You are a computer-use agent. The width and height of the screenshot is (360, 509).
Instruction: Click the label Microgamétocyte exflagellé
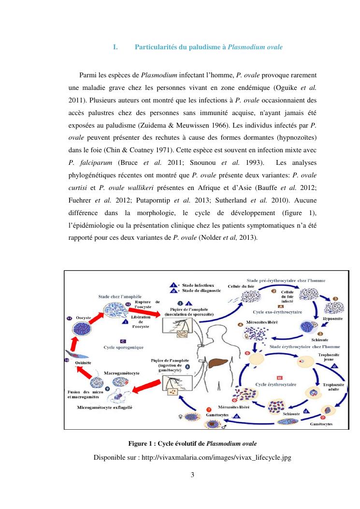pyautogui.click(x=104, y=407)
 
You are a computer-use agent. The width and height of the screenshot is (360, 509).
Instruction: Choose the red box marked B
pyautogui.click(x=279, y=377)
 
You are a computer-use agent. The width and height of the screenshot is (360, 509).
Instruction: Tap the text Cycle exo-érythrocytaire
pyautogui.click(x=277, y=312)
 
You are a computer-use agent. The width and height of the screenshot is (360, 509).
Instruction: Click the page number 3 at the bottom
pyautogui.click(x=192, y=474)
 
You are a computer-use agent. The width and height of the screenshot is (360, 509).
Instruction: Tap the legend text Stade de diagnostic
pyautogui.click(x=202, y=291)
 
